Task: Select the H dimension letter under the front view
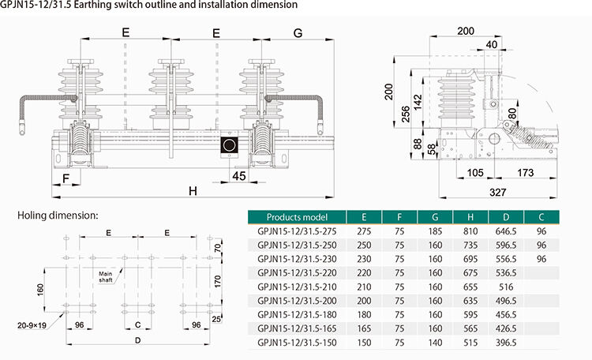193,191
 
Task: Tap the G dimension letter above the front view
298,34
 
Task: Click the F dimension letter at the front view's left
66,178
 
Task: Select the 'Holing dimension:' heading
58,215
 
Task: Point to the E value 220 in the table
364,272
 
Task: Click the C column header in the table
541,217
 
